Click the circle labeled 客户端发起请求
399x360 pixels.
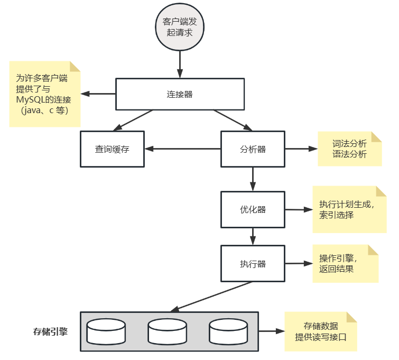pyautogui.click(x=179, y=27)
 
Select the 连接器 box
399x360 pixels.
pyautogui.click(x=180, y=95)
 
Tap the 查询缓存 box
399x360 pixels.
pyautogui.click(x=112, y=149)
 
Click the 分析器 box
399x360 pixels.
pyautogui.click(x=253, y=149)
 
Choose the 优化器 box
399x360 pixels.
pyautogui.click(x=253, y=209)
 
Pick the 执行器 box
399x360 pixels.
pyautogui.click(x=253, y=264)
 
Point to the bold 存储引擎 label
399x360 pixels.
pyautogui.click(x=50, y=333)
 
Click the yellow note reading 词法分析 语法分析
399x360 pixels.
pyautogui.click(x=349, y=149)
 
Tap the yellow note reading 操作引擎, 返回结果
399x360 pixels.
pyautogui.click(x=345, y=264)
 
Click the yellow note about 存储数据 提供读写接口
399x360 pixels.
pyautogui.click(x=320, y=331)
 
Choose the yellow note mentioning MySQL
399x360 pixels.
pyautogui.click(x=44, y=95)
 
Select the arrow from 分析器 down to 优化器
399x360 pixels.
pyautogui.click(x=253, y=179)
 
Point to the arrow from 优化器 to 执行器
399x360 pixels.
pyautogui.click(x=253, y=236)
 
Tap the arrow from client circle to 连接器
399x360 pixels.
pyautogui.click(x=180, y=64)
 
